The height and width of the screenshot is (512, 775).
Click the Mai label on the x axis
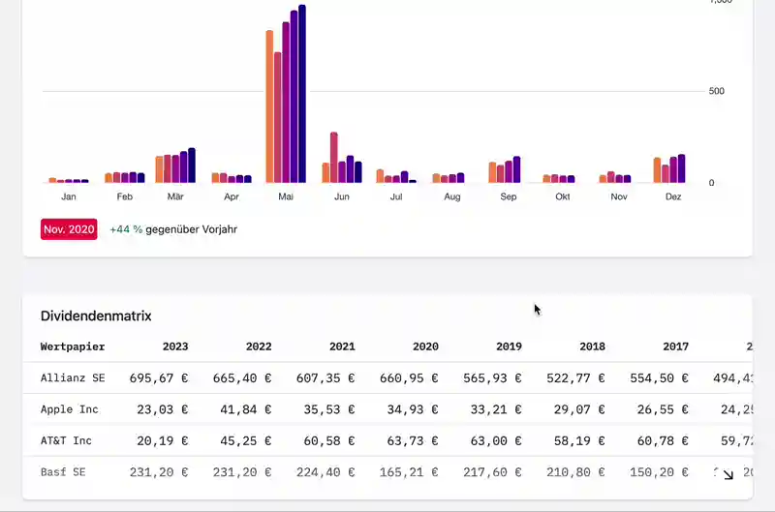pos(286,196)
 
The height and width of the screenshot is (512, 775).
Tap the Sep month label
pos(509,196)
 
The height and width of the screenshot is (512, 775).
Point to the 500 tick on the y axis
pos(717,91)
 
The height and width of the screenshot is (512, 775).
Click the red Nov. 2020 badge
pos(69,229)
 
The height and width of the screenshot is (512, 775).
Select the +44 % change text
pos(126,229)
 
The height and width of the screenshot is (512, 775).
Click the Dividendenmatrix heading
pos(96,316)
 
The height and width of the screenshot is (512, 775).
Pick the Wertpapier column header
pos(73,346)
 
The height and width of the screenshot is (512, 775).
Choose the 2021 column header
pos(342,346)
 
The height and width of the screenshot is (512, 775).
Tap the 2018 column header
pos(592,346)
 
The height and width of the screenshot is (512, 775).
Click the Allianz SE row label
pos(73,377)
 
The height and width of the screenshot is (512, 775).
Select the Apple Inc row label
pos(70,409)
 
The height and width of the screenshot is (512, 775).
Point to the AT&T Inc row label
pos(66,440)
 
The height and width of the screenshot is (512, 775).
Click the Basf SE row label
pos(63,472)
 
